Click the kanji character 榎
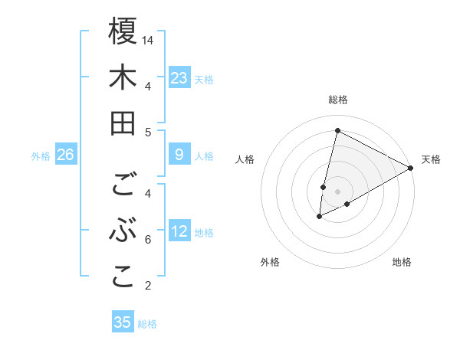[123, 32]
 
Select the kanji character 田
[123, 123]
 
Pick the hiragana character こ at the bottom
[123, 277]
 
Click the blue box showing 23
[179, 77]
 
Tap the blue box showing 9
[179, 155]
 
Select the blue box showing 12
[179, 231]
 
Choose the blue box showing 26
[65, 155]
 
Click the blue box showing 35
[123, 322]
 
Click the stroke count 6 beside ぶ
[148, 240]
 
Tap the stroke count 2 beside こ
[148, 286]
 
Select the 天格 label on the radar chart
[431, 159]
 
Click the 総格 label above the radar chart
[337, 100]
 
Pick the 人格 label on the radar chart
[245, 159]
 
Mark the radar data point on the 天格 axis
[411, 168]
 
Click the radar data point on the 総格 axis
[337, 130]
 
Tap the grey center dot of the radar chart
[337, 191]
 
